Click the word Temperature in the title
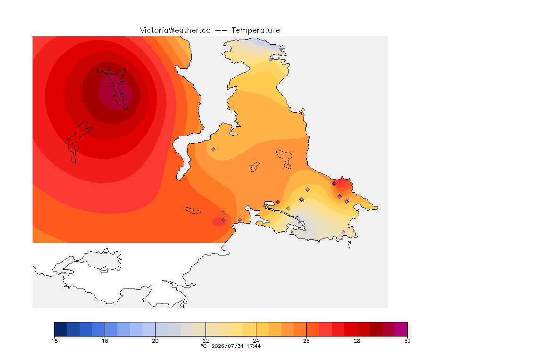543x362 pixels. tap(255, 31)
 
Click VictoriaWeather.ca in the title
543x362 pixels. tap(175, 31)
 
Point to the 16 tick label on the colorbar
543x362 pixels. tap(54, 341)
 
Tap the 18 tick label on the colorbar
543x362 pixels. tap(105, 341)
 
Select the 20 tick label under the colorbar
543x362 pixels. tap(155, 341)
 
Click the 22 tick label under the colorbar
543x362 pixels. tap(206, 341)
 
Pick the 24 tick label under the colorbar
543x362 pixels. tap(256, 341)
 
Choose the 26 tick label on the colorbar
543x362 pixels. tap(306, 341)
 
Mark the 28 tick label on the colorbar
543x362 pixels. tap(357, 341)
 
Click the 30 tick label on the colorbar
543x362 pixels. tap(407, 341)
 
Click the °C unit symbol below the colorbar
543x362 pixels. tap(204, 346)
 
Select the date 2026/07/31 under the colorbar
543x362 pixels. tap(228, 346)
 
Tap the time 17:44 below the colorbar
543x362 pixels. tap(254, 346)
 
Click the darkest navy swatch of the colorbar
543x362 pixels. tap(61, 329)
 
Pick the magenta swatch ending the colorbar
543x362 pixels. tap(401, 329)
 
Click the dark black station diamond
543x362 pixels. tap(334, 184)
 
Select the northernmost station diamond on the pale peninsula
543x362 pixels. tap(271, 59)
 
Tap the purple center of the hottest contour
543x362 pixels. tap(115, 93)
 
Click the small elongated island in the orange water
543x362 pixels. tap(193, 211)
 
